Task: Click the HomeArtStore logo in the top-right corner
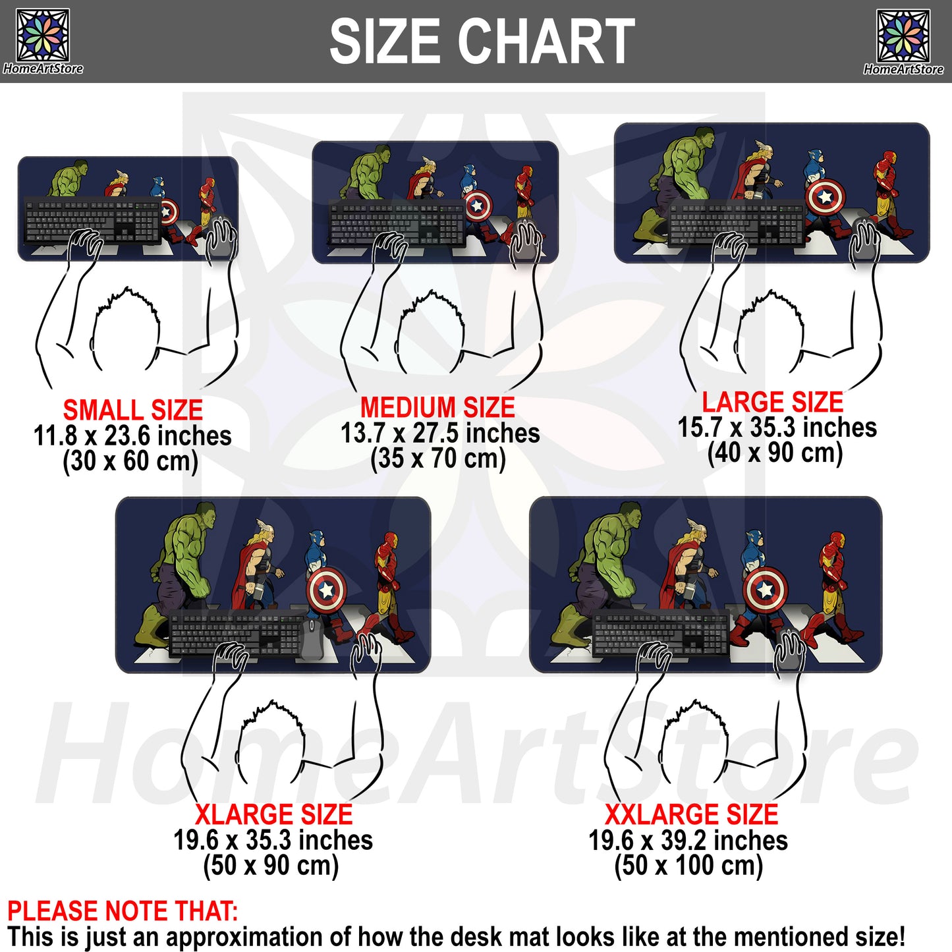(x=904, y=42)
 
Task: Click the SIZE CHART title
(x=482, y=42)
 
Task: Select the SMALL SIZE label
(x=133, y=410)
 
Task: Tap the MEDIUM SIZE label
(x=437, y=408)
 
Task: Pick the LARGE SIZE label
(x=773, y=402)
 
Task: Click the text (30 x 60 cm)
(x=130, y=461)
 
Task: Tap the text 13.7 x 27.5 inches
(x=440, y=434)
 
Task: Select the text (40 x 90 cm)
(x=775, y=453)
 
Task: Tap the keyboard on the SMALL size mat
(x=93, y=220)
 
